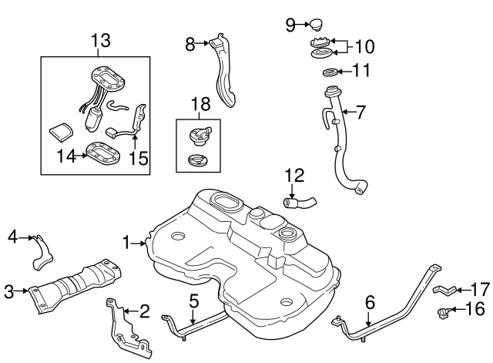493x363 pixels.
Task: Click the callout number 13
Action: (x=101, y=41)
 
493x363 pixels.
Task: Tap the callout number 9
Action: (x=290, y=25)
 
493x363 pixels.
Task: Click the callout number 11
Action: (x=361, y=72)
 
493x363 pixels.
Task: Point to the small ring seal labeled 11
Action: (x=329, y=73)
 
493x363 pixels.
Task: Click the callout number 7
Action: (x=361, y=111)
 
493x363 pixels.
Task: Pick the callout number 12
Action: (x=290, y=175)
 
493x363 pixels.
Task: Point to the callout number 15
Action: (x=138, y=158)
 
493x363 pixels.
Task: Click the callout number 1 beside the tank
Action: (x=127, y=243)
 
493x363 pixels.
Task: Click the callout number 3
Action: (x=9, y=291)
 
